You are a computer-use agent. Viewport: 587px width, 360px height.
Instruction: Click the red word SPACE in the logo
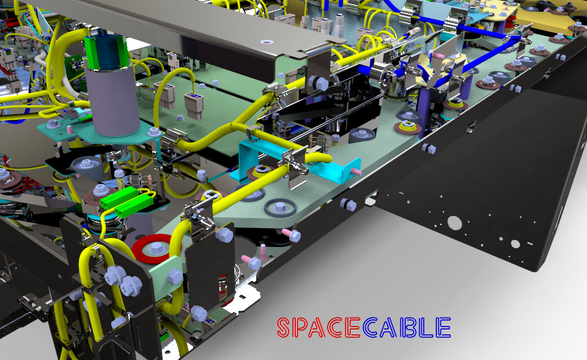coord(319,327)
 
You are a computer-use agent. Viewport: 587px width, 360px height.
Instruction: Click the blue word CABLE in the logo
coord(406,327)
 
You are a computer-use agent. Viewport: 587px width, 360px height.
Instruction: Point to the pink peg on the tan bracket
coord(439,55)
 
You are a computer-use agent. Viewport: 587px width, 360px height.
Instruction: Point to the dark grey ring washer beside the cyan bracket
coord(279,208)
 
